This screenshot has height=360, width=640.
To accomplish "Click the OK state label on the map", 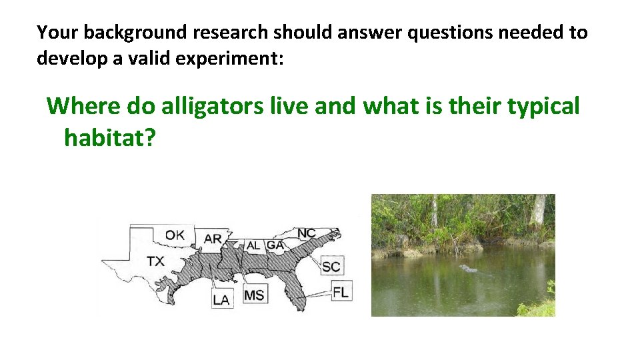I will point(175,235).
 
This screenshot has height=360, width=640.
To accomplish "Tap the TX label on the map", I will point(155,260).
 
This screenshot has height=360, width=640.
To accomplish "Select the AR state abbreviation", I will point(213,239).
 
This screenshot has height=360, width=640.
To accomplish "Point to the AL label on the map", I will point(253,245).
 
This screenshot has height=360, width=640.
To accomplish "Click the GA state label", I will point(275,245).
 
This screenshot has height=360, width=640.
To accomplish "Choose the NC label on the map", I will point(307,233).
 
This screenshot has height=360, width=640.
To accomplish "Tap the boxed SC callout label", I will point(331,267).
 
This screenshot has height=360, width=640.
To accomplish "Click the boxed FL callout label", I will point(340,291).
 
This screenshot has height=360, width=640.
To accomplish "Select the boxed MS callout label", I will point(253,294).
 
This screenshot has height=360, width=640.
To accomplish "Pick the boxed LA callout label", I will point(221,300).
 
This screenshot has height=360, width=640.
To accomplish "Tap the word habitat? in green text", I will point(110,138).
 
